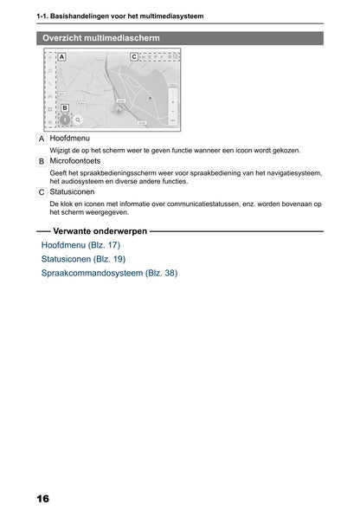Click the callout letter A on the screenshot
click(61, 56)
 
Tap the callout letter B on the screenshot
click(64, 108)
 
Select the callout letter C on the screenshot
click(133, 56)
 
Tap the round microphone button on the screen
click(65, 121)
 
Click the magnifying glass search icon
click(78, 121)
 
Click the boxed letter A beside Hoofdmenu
click(42, 139)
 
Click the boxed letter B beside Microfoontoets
click(42, 162)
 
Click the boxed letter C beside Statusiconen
click(42, 192)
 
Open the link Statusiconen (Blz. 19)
click(83, 259)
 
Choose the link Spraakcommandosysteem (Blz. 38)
click(109, 273)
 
